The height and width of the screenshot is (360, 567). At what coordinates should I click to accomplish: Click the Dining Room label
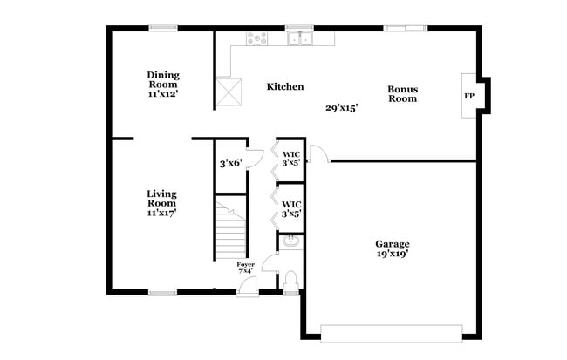tap(163, 79)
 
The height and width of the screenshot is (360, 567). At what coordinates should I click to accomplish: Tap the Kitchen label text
tap(285, 86)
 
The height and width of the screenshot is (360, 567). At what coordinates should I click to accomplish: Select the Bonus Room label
tap(403, 93)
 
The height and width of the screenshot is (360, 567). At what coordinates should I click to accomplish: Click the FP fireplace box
tap(469, 96)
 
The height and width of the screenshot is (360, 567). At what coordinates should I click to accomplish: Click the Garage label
tap(393, 244)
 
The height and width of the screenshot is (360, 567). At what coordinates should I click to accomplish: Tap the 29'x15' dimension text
tap(343, 107)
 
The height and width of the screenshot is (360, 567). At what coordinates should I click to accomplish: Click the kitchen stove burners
tap(257, 37)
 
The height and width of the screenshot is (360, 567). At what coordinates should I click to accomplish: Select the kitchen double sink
tap(301, 38)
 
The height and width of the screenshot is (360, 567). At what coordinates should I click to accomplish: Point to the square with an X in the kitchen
tap(231, 90)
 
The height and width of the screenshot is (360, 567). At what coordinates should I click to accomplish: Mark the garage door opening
tap(392, 332)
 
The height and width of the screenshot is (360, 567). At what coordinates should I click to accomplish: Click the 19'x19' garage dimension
tap(393, 255)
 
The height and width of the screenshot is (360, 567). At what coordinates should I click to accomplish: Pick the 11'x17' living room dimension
tap(161, 213)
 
